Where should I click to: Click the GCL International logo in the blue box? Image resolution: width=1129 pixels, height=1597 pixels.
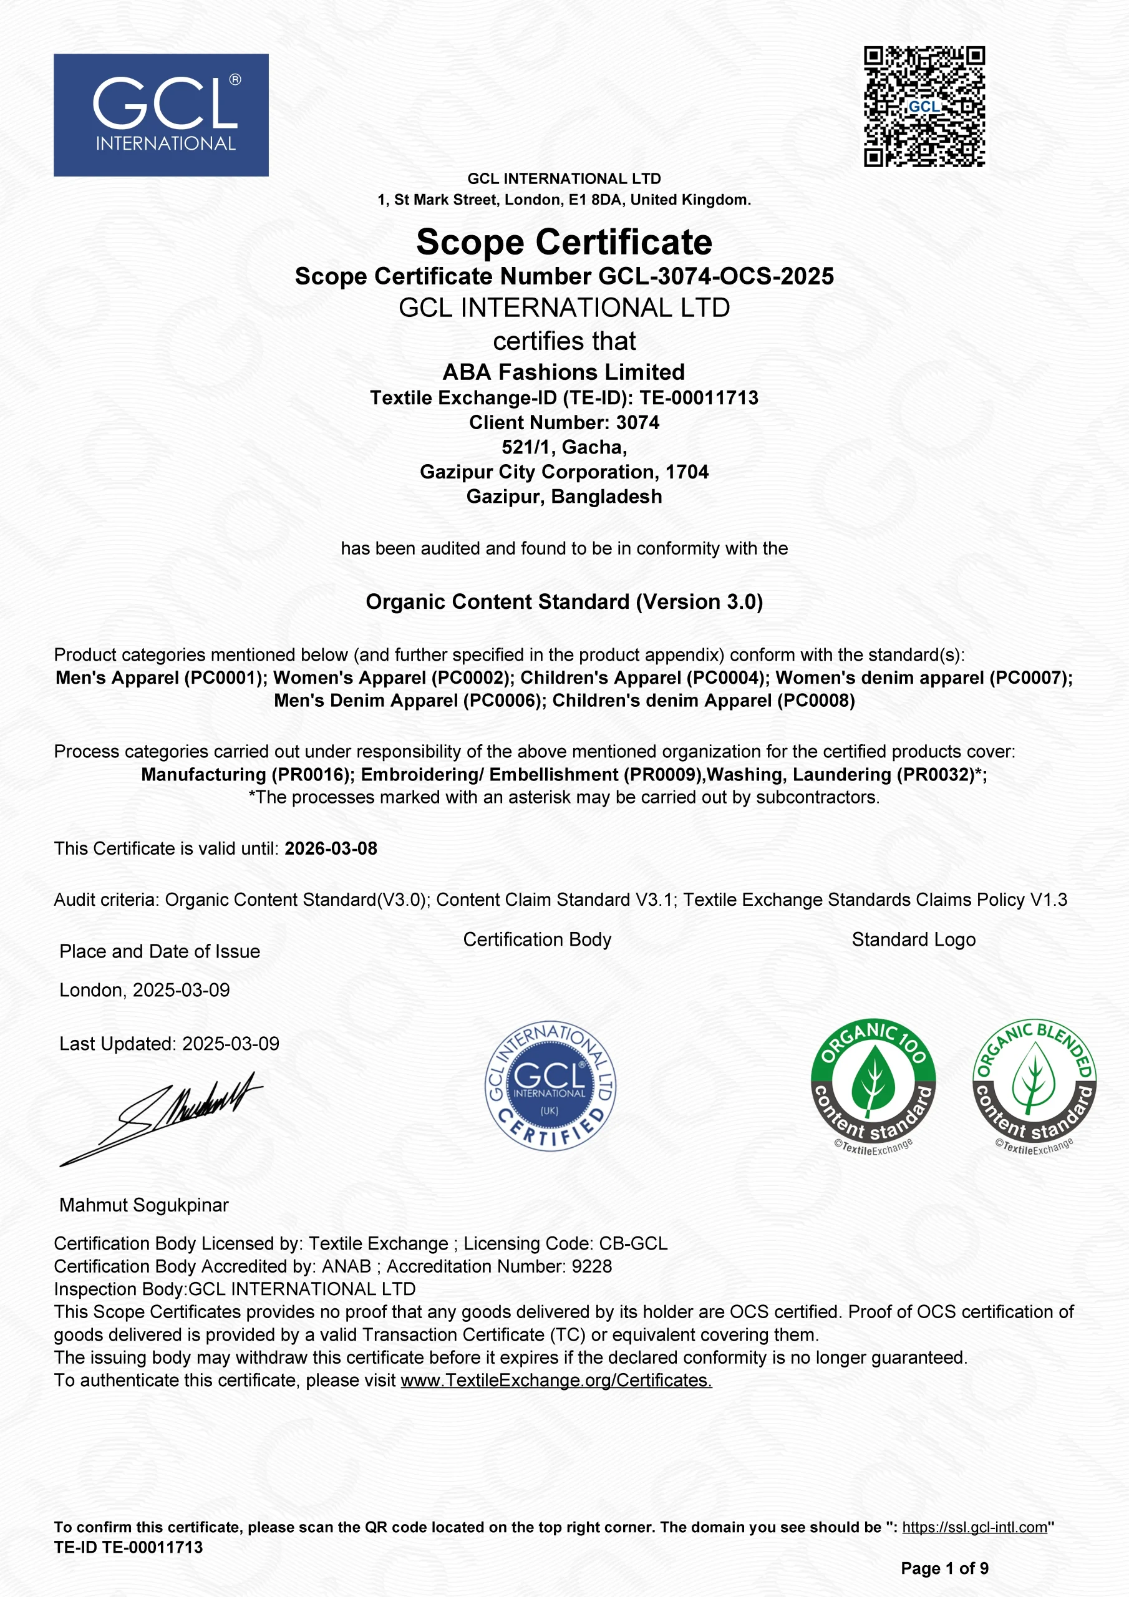click(x=161, y=115)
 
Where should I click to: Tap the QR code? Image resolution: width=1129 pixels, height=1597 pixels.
click(x=924, y=107)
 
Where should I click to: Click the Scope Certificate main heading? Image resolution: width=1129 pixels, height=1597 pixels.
click(x=564, y=242)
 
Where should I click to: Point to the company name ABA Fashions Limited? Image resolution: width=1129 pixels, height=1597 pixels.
click(x=564, y=372)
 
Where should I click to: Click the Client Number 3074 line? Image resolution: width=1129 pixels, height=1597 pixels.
click(x=564, y=422)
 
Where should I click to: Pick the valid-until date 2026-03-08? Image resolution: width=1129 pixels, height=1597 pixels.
click(x=331, y=848)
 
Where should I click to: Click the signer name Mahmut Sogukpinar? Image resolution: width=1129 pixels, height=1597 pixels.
click(x=144, y=1205)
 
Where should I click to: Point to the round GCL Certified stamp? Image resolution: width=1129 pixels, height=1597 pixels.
click(x=550, y=1085)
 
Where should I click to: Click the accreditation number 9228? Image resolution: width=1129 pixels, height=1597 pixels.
click(x=591, y=1266)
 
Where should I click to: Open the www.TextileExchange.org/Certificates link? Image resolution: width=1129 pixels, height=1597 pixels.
click(x=556, y=1380)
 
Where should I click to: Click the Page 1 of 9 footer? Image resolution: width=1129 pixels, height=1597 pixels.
click(x=944, y=1568)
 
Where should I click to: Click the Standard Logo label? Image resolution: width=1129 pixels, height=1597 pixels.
click(x=913, y=939)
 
